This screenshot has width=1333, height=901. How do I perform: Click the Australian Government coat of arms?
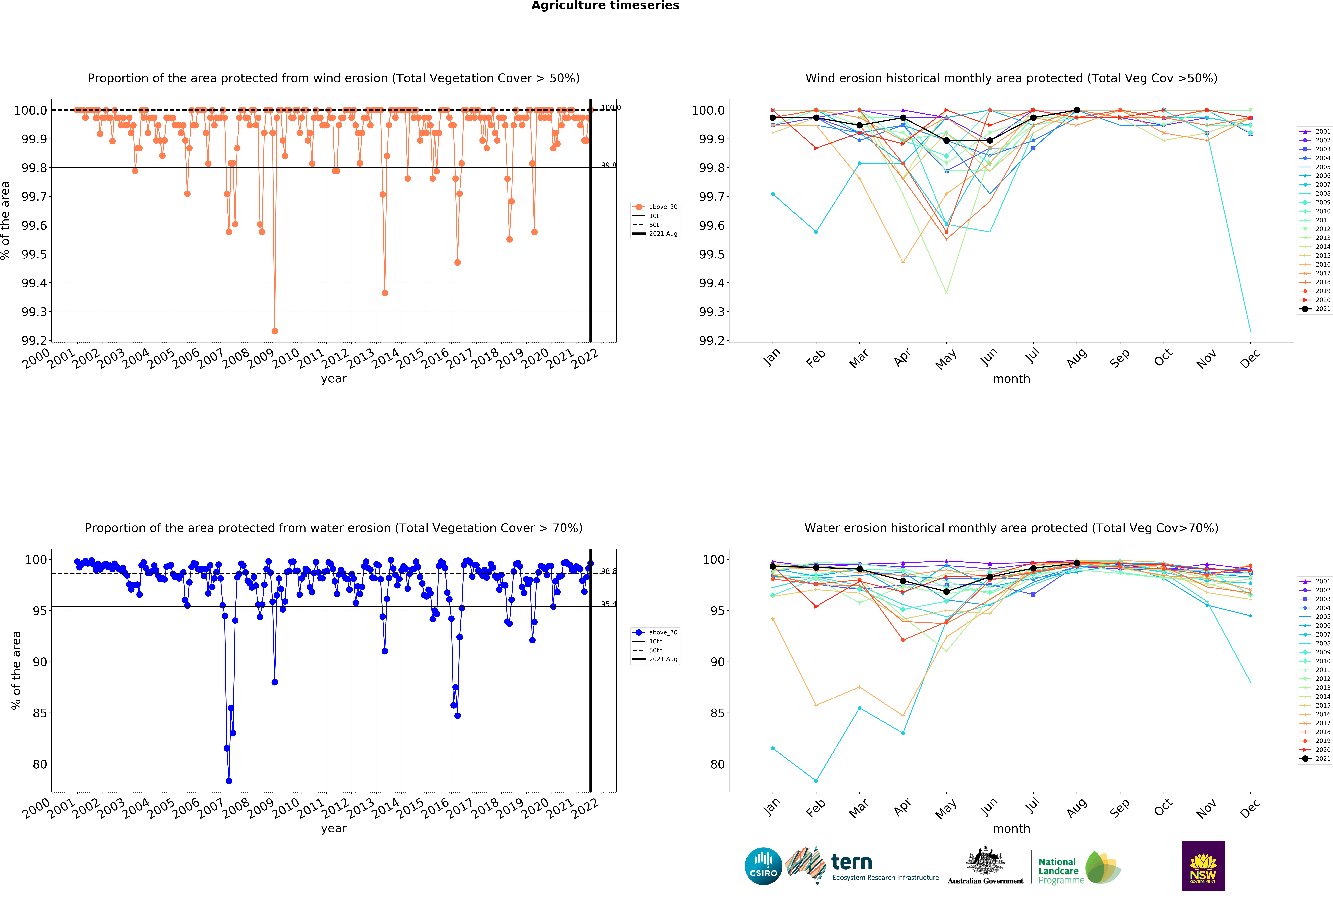985,860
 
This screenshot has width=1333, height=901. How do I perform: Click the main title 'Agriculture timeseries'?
605,6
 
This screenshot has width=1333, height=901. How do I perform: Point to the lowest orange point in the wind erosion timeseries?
275,331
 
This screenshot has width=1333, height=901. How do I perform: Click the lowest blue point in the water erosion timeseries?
229,781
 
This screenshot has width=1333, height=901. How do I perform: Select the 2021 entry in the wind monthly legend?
1315,309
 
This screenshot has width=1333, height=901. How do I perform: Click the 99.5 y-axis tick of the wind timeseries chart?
34,254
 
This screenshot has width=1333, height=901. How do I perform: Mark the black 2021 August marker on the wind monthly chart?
1077,110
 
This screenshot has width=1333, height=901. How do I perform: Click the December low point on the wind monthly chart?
1250,330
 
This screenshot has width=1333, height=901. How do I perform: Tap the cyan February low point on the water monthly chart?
816,781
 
